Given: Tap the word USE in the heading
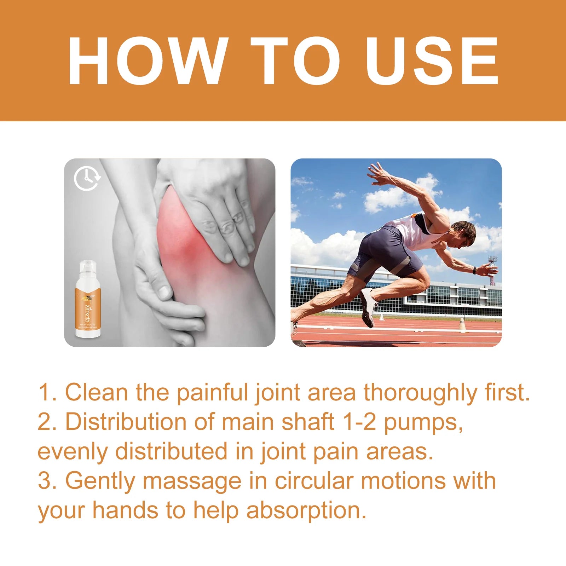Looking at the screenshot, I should [x=432, y=61].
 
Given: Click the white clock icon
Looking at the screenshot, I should [x=87, y=179].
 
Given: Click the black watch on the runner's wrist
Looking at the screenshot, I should [x=474, y=271].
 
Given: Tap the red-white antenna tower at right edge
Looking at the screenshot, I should [x=492, y=269].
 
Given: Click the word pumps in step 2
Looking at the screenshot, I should [x=423, y=423].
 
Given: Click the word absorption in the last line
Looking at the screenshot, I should [x=306, y=511].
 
